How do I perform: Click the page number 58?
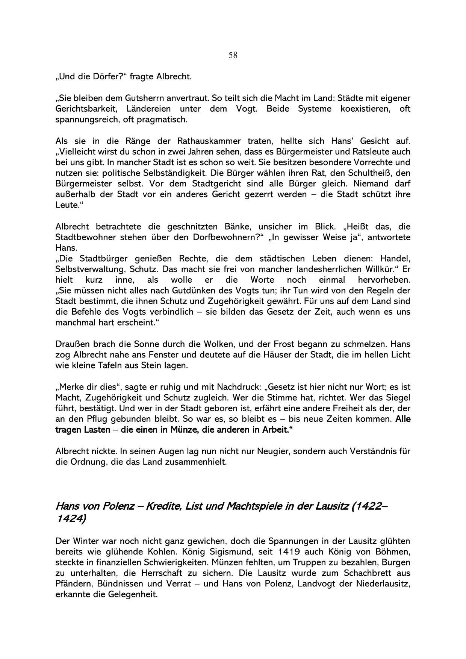coord(233,56)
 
